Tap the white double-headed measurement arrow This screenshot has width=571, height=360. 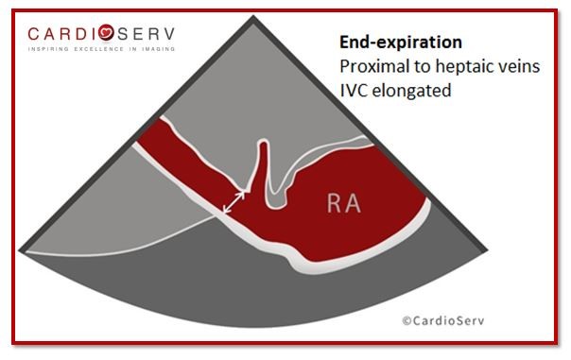(x=234, y=200)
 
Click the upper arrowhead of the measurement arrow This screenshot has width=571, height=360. (x=243, y=192)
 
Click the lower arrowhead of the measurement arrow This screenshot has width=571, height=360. (x=224, y=210)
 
